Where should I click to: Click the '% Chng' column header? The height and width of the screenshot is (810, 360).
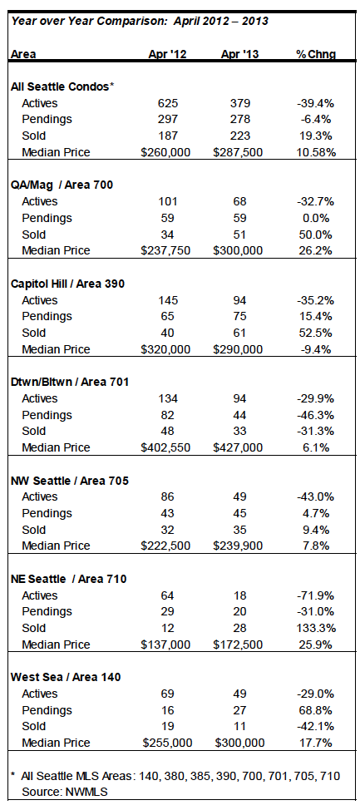pos(316,54)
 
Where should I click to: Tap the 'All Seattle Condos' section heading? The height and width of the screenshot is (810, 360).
pos(62,86)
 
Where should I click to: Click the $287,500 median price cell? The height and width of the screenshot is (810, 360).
pos(239,152)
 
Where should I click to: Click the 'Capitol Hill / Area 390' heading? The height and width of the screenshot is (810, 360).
pos(67,284)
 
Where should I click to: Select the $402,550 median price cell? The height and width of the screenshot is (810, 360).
pos(165,447)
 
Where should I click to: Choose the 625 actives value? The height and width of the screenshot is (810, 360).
pos(167,103)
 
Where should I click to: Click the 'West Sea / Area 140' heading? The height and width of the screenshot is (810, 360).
pos(66,677)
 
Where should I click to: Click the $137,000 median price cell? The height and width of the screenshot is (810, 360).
pos(165,645)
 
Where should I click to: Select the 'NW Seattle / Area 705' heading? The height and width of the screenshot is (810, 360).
pos(70,481)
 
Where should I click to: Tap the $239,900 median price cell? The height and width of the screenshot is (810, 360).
pos(239,546)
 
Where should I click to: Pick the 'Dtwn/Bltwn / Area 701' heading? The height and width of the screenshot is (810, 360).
pos(70,382)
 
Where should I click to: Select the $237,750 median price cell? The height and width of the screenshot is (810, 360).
pos(165,250)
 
